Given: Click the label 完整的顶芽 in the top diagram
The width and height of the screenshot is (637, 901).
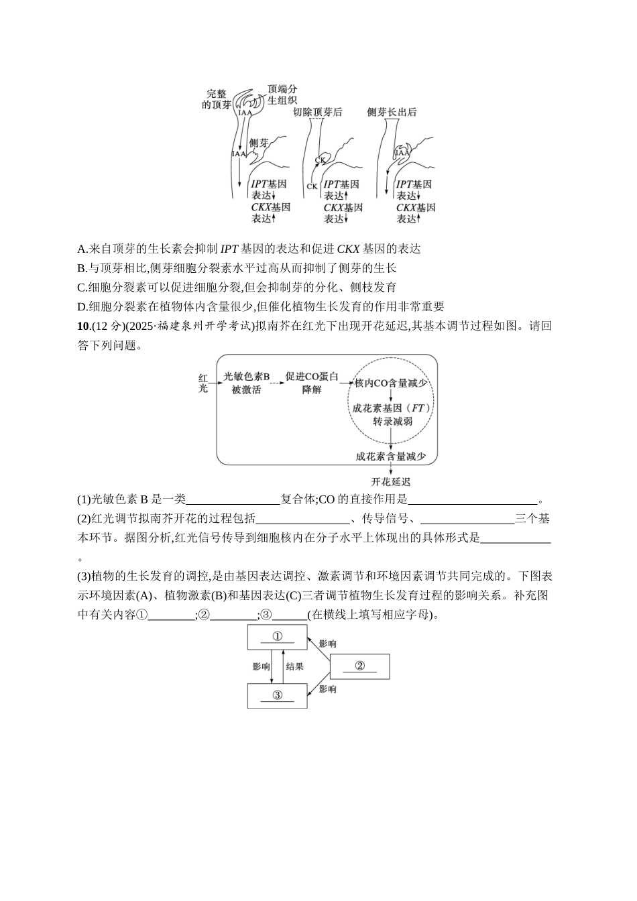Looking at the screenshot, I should pyautogui.click(x=217, y=99).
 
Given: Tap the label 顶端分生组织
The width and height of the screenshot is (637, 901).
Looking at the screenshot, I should pyautogui.click(x=282, y=95).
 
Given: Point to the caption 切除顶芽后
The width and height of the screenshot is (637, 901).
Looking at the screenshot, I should pyautogui.click(x=318, y=112).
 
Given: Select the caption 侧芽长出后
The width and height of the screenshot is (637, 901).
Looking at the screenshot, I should pyautogui.click(x=392, y=112).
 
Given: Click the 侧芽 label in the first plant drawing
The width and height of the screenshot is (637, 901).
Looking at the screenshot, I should pyautogui.click(x=259, y=143).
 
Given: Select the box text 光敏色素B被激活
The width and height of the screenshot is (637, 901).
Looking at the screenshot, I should pyautogui.click(x=246, y=383).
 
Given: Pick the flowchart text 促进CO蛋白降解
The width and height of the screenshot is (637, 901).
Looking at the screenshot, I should pyautogui.click(x=311, y=383).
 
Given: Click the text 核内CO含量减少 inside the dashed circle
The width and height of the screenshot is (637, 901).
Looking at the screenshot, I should pyautogui.click(x=392, y=383).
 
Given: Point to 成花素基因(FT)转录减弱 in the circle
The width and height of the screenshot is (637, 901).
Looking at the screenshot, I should pyautogui.click(x=392, y=414).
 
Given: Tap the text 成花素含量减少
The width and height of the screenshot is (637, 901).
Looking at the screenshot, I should pyautogui.click(x=392, y=456).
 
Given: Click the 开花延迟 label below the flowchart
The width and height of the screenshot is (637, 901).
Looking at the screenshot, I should pyautogui.click(x=391, y=481).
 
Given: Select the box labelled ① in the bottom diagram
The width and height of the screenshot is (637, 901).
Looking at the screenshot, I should pyautogui.click(x=277, y=637).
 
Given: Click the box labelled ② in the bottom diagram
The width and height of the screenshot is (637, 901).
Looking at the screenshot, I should pyautogui.click(x=359, y=666).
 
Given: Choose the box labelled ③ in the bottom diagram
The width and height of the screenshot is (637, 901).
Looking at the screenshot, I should pyautogui.click(x=277, y=695).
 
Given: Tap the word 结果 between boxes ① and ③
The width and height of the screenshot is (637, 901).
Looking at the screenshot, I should pyautogui.click(x=295, y=666).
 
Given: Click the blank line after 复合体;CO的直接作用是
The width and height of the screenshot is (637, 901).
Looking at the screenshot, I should pyautogui.click(x=473, y=500).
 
